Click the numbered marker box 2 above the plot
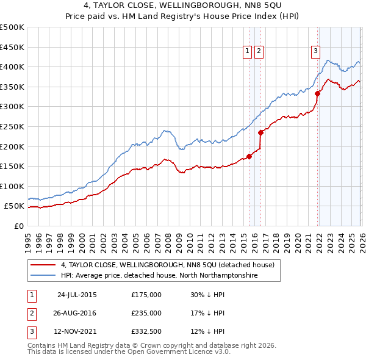click(259, 52)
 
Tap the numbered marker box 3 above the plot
click(316, 52)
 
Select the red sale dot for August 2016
click(260, 132)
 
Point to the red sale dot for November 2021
click(318, 93)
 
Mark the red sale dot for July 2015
click(249, 156)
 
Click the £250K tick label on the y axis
click(12, 126)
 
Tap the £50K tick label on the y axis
click(13, 206)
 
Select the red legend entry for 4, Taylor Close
click(168, 265)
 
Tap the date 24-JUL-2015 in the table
click(77, 294)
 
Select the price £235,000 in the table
click(146, 313)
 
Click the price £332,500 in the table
click(146, 331)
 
